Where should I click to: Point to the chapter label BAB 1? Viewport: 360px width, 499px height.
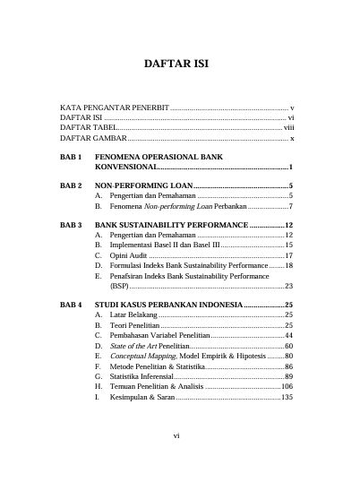pos(71,157)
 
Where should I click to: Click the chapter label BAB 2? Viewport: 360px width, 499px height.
pos(71,185)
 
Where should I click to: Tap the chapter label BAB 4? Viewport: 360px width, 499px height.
pos(71,305)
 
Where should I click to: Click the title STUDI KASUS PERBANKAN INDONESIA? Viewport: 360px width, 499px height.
pos(168,305)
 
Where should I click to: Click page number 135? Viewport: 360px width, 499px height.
pos(287,397)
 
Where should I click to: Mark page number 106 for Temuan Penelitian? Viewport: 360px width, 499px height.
pos(287,386)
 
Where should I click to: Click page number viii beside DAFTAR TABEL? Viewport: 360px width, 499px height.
pos(289,128)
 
